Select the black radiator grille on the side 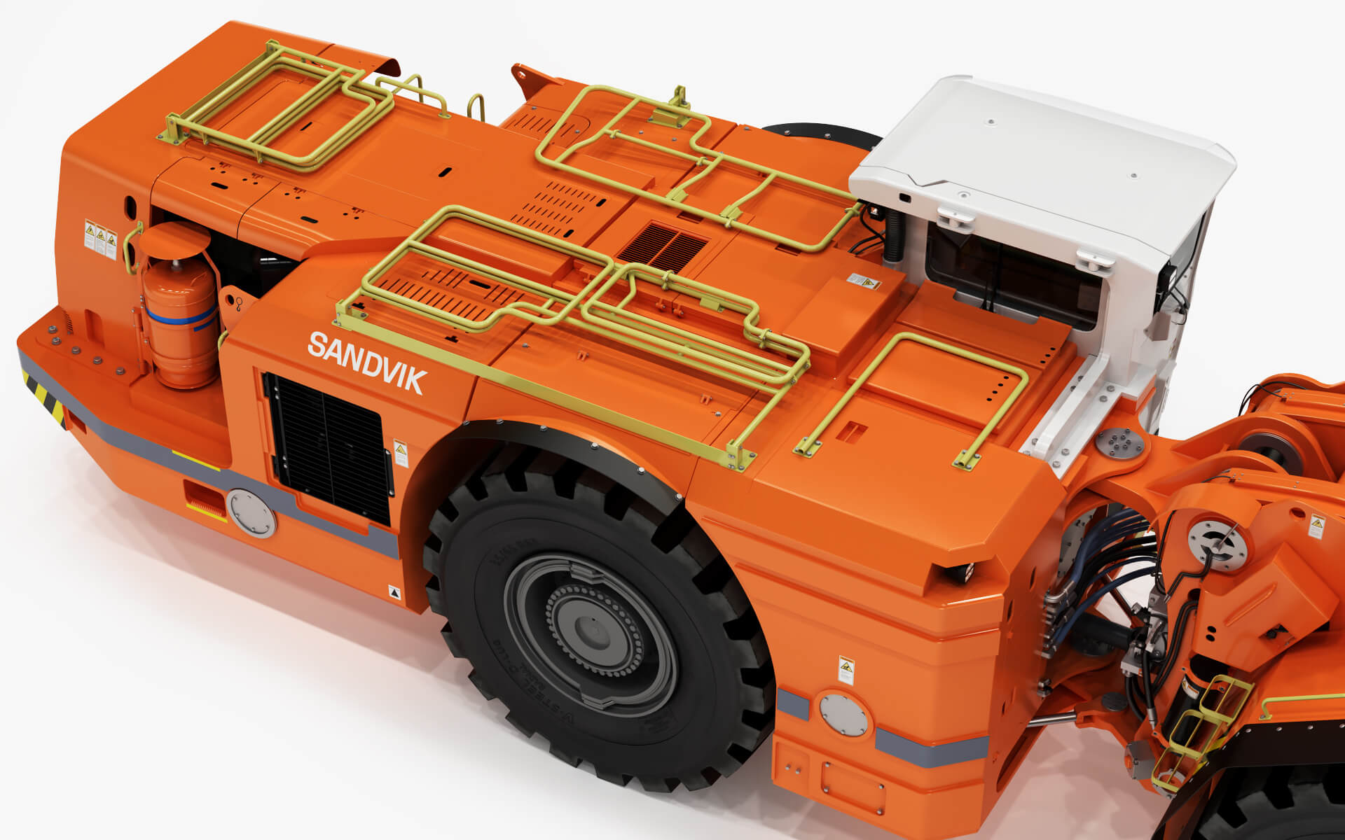328,448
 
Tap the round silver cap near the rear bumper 251,513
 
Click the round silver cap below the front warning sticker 843,715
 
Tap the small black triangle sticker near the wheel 395,592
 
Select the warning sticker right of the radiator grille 401,454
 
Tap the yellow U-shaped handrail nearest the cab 911,392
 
